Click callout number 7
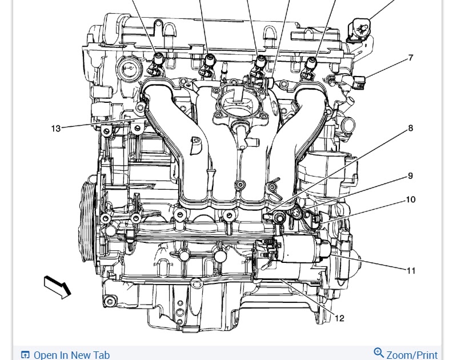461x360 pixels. [x=411, y=58]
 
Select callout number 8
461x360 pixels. [x=410, y=128]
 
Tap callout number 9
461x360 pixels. [x=410, y=176]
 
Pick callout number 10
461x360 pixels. [x=411, y=199]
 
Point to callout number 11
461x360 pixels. [x=411, y=271]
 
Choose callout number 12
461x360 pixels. [x=339, y=318]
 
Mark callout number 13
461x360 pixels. [x=55, y=129]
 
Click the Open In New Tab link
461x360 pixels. [x=72, y=355]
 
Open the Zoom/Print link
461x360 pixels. [x=412, y=355]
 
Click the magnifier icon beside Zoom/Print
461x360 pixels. [x=379, y=353]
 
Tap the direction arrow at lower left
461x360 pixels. [x=57, y=287]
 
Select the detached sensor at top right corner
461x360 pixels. [x=358, y=31]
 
